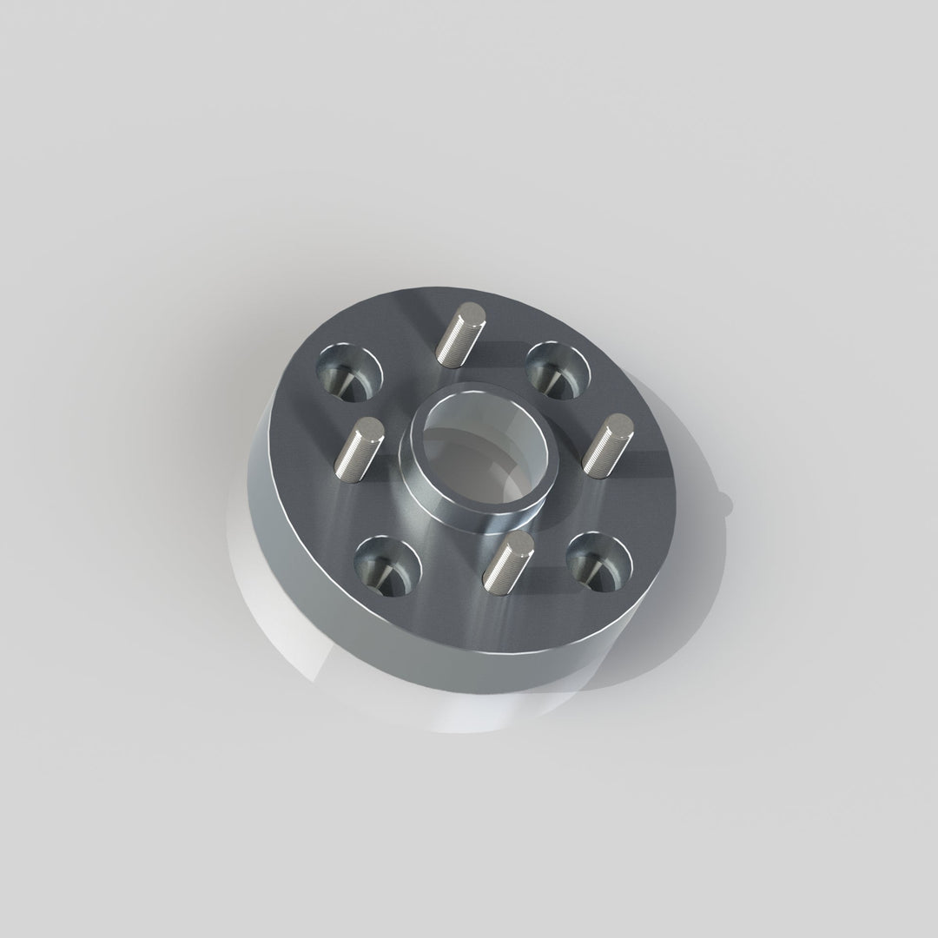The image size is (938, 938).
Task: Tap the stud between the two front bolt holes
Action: pos(505,564)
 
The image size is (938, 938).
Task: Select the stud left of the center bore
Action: pos(359,448)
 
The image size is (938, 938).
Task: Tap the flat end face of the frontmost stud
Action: pos(519,543)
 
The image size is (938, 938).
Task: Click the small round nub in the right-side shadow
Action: pos(728,498)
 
